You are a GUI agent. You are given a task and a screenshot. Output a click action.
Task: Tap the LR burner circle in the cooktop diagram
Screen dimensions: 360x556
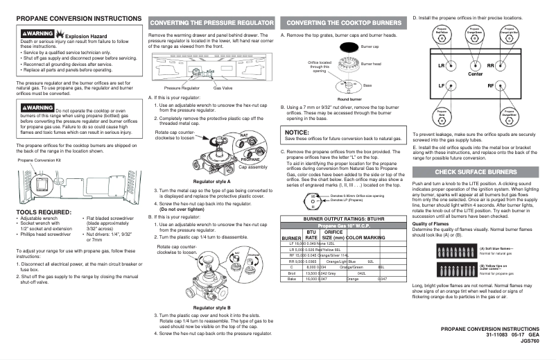(x=441, y=66)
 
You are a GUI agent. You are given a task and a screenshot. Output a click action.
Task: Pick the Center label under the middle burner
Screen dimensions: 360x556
(x=476, y=74)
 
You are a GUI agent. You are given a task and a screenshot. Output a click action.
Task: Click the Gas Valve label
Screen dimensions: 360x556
(x=223, y=89)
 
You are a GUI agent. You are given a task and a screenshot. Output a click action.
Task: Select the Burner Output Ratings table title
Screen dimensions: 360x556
(x=341, y=218)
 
